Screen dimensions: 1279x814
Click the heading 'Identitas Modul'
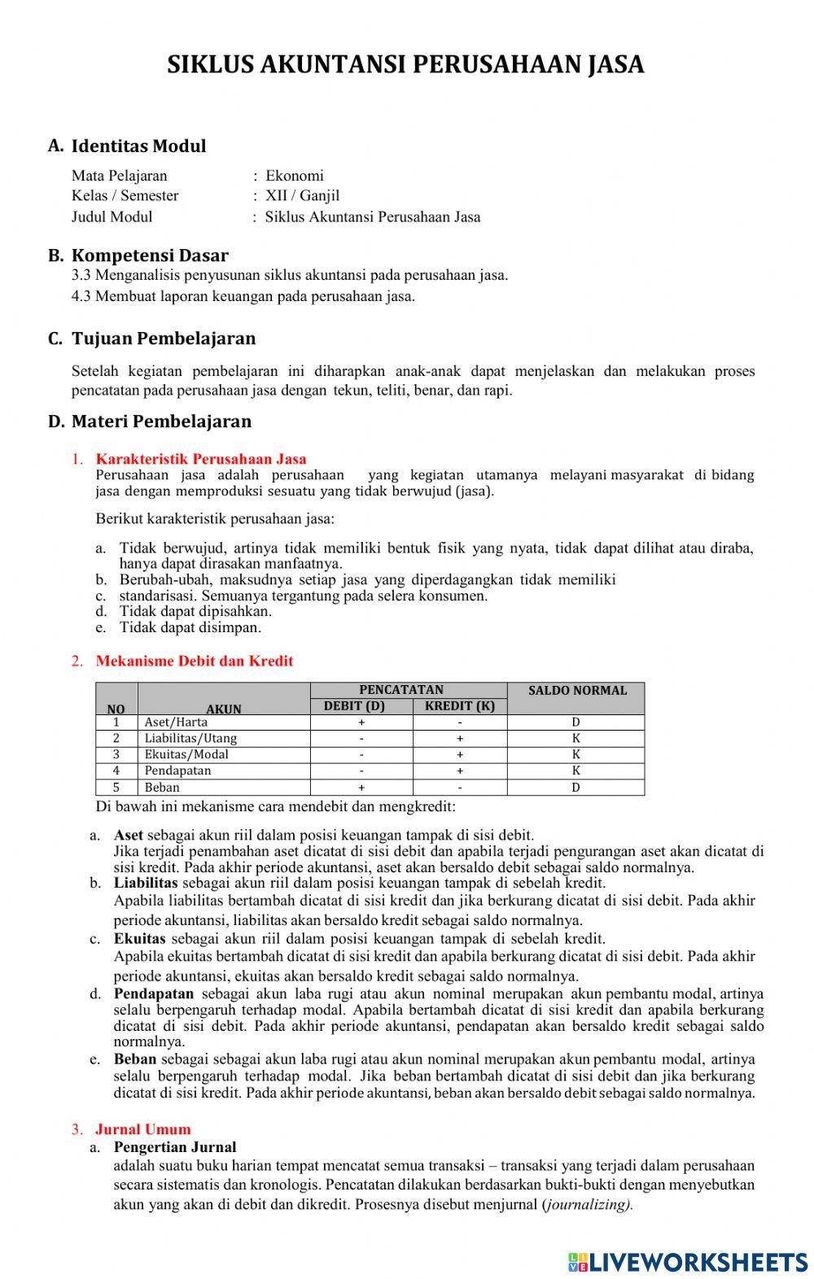tap(138, 146)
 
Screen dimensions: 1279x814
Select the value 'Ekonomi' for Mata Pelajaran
tap(294, 176)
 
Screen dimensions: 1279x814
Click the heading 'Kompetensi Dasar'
tap(150, 255)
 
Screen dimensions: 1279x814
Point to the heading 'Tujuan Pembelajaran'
tap(163, 338)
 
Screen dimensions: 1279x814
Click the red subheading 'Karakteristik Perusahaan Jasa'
tap(201, 459)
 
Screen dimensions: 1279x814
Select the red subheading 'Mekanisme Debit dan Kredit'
tap(194, 661)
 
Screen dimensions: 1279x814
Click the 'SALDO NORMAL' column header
tap(577, 691)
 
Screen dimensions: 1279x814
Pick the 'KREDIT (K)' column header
tap(459, 706)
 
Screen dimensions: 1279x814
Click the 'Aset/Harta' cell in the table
tap(176, 722)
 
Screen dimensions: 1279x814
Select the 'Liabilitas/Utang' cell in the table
tap(190, 739)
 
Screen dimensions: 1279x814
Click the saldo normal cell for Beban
tap(575, 788)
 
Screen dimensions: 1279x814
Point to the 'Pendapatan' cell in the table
tap(177, 770)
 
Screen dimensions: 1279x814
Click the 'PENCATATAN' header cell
tap(401, 690)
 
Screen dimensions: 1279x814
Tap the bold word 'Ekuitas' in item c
tap(139, 938)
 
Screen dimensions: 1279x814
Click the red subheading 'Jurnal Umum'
tap(142, 1129)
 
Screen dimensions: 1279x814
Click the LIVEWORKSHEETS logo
tap(688, 1261)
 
